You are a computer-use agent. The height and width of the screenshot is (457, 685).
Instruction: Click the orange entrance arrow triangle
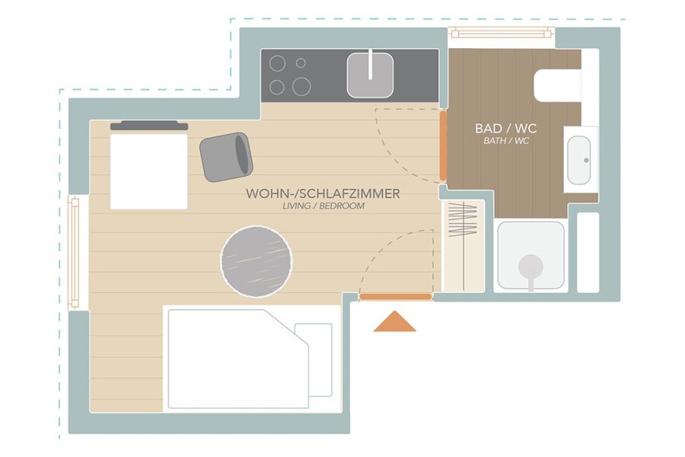pyautogui.click(x=394, y=322)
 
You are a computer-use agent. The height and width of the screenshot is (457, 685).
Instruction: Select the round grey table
pyautogui.click(x=256, y=262)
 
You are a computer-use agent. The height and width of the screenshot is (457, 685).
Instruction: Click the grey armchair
pyautogui.click(x=226, y=157)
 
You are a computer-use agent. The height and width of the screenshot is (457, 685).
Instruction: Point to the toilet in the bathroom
pyautogui.click(x=558, y=85)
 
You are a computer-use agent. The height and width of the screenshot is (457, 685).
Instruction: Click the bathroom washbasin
pyautogui.click(x=579, y=160)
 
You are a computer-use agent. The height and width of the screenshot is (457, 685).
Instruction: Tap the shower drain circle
pyautogui.click(x=530, y=267)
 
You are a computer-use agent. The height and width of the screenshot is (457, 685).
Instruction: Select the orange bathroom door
pyautogui.click(x=443, y=145)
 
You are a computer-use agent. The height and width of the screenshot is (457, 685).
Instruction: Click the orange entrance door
pyautogui.click(x=395, y=297)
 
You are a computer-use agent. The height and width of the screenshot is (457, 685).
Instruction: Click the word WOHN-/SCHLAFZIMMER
pyautogui.click(x=323, y=193)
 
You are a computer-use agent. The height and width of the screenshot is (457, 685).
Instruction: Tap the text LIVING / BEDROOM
pyautogui.click(x=323, y=206)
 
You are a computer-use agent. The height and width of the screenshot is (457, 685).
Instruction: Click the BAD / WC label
pyautogui.click(x=506, y=129)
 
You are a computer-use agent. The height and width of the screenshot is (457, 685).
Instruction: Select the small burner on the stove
pyautogui.click(x=301, y=63)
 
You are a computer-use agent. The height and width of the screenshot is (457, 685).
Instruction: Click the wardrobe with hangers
pyautogui.click(x=463, y=246)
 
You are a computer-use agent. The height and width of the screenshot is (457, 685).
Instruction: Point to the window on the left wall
pyautogui.click(x=73, y=253)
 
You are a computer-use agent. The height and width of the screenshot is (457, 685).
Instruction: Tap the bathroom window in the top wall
pyautogui.click(x=501, y=33)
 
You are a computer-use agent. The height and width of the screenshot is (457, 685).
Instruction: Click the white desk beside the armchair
pyautogui.click(x=149, y=171)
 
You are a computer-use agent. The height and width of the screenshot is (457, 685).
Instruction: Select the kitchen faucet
pyautogui.click(x=371, y=64)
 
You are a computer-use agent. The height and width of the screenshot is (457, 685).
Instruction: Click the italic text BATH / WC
pyautogui.click(x=506, y=141)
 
